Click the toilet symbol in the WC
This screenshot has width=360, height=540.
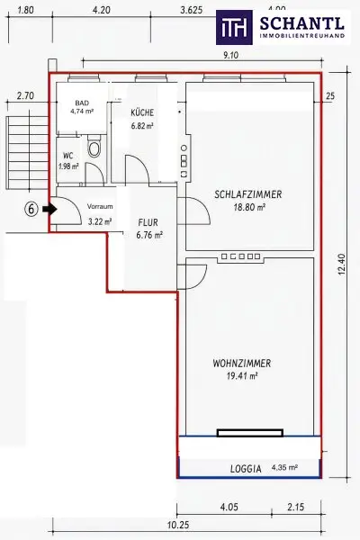(x=94, y=147)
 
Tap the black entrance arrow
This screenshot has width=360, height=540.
(x=50, y=209)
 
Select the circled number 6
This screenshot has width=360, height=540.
(x=31, y=209)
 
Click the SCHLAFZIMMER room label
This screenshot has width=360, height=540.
(x=248, y=194)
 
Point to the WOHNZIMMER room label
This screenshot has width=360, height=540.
(x=242, y=363)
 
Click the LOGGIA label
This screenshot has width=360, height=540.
(x=246, y=469)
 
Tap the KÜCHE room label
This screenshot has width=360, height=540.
(x=142, y=112)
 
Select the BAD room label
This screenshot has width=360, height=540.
(x=82, y=103)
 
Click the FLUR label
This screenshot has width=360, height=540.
(x=148, y=222)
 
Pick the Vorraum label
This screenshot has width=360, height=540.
(x=100, y=207)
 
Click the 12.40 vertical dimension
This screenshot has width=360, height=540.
(x=342, y=264)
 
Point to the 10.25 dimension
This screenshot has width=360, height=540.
(x=178, y=525)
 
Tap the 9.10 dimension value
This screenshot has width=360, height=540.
(x=230, y=55)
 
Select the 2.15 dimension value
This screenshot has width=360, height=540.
(x=295, y=507)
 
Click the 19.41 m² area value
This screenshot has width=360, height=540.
(x=242, y=375)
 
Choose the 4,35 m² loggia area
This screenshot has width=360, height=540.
(x=284, y=467)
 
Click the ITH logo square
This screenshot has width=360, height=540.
(x=234, y=28)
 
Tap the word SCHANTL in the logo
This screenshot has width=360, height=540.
(x=301, y=23)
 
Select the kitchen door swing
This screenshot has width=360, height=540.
(x=137, y=169)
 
